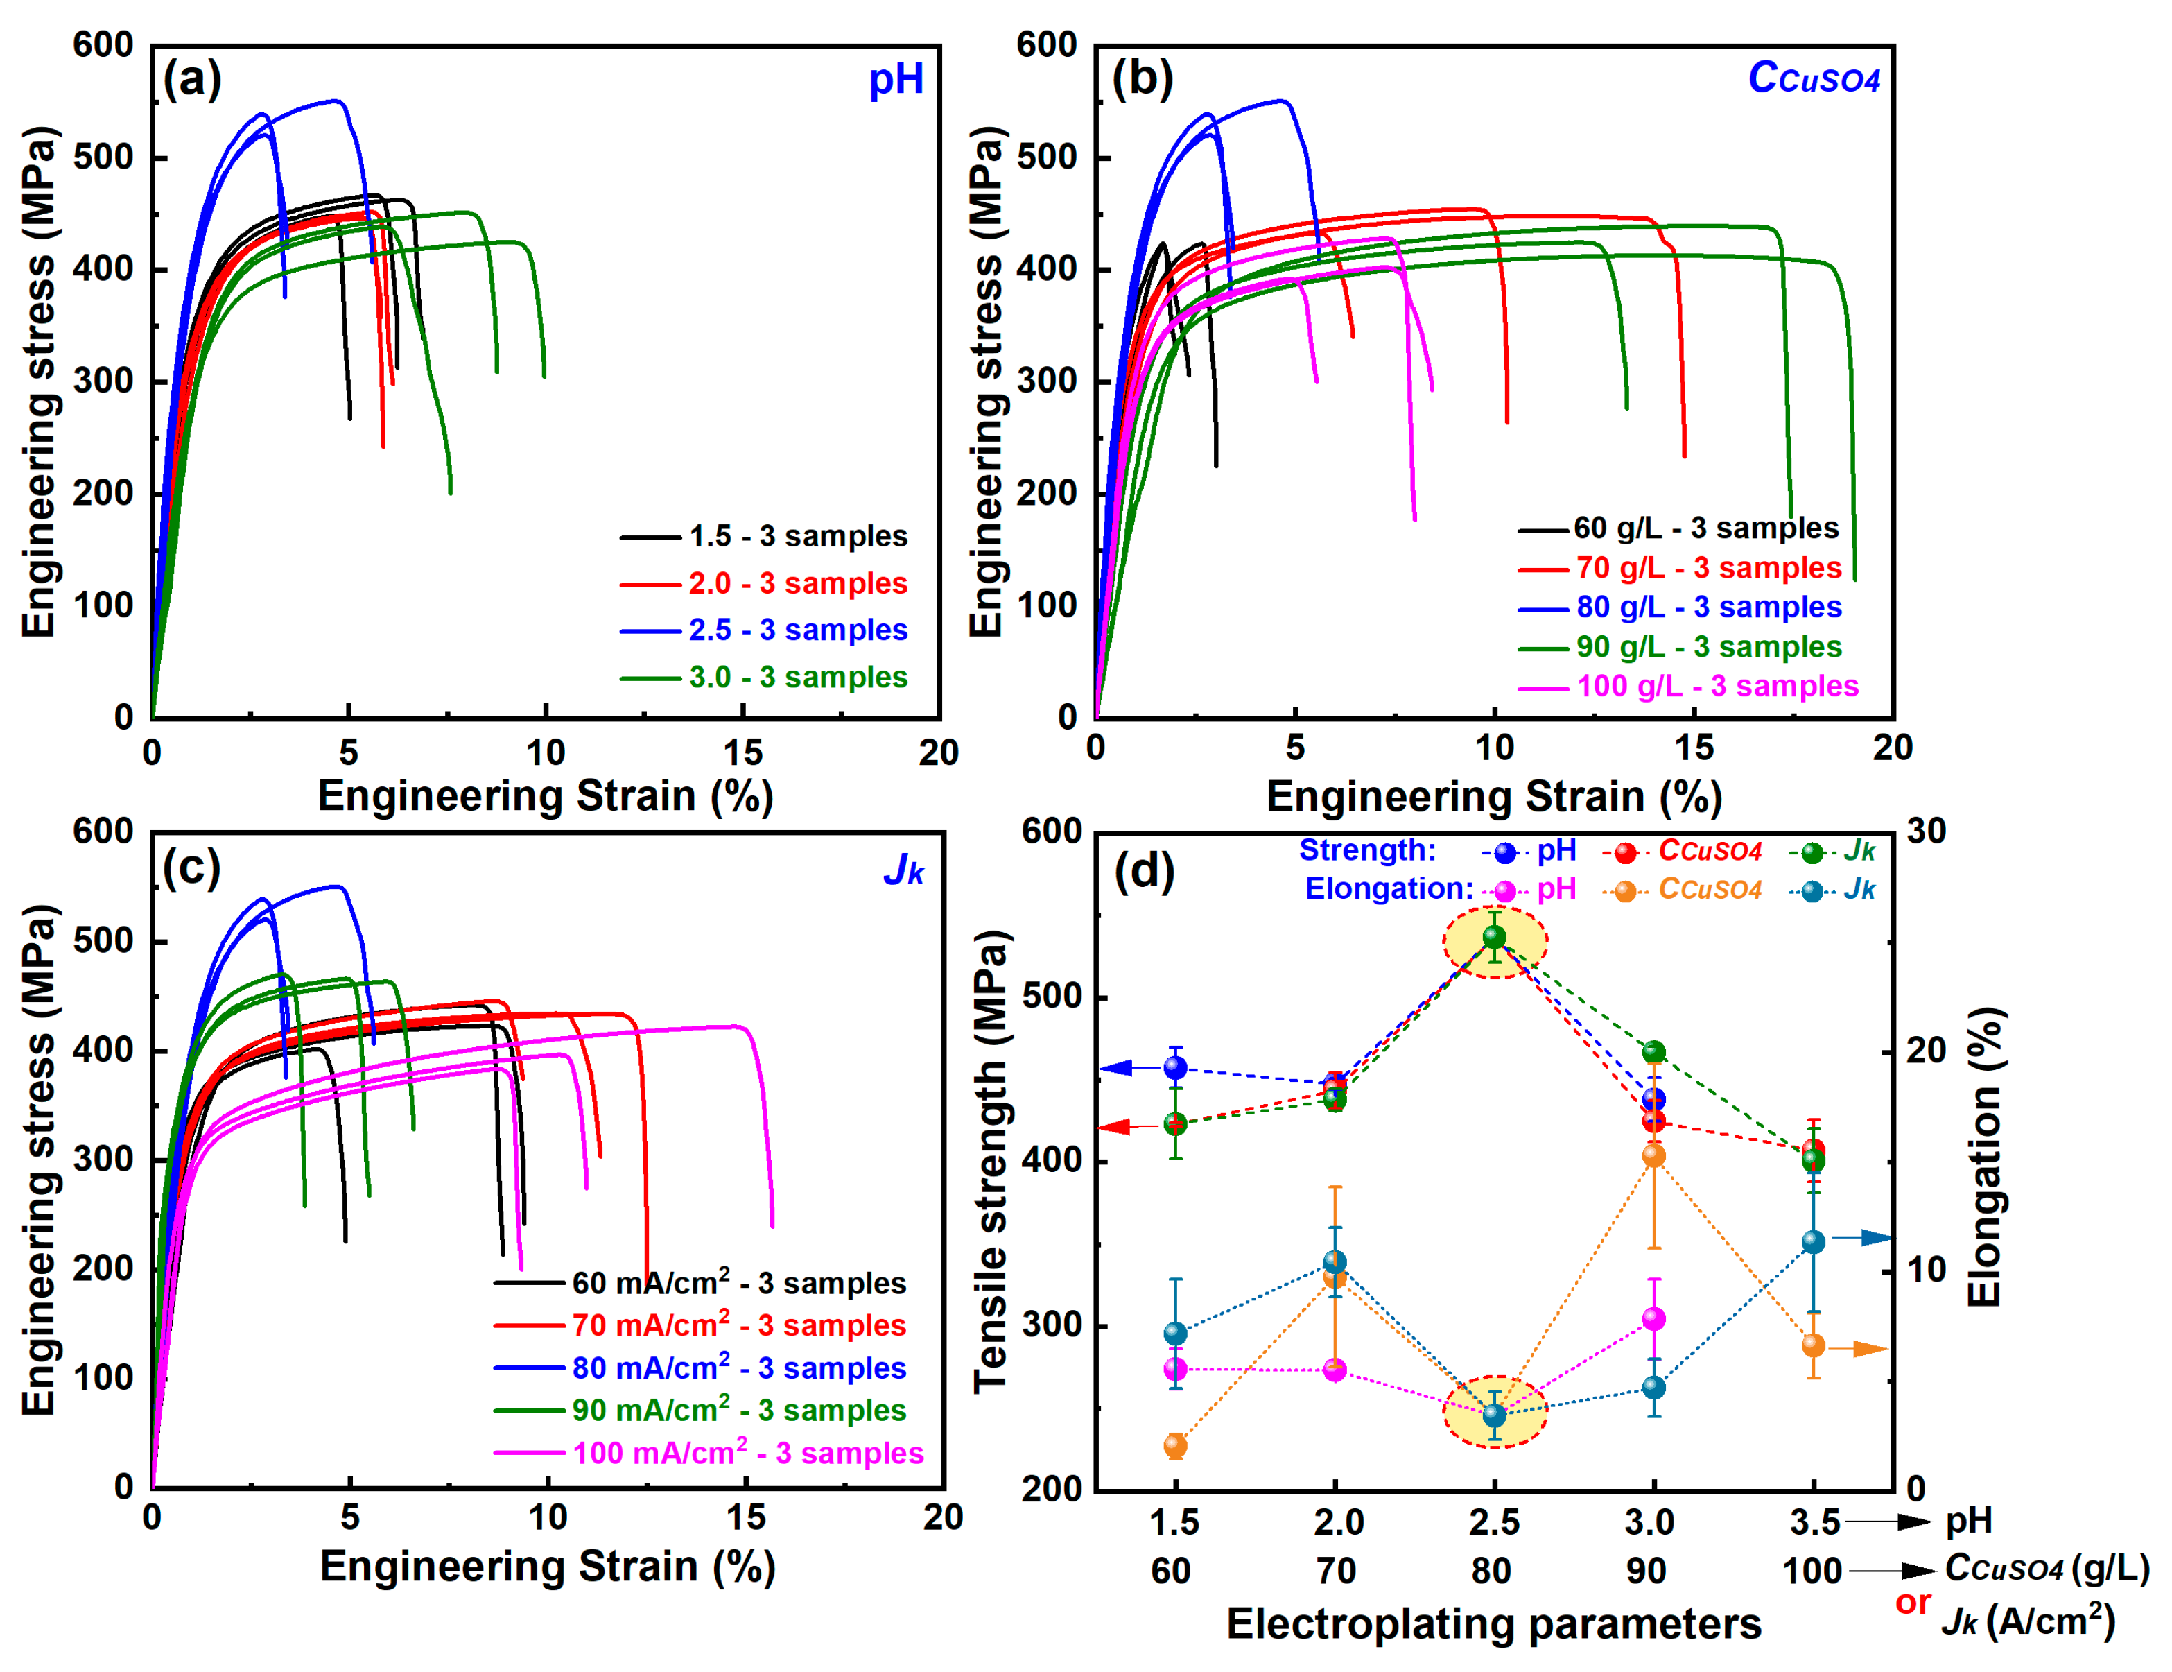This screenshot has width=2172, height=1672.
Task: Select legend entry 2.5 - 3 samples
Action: pos(797,630)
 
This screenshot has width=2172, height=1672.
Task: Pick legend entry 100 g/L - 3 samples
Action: pos(1717,687)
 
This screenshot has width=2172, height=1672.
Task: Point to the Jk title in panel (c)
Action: pos(903,870)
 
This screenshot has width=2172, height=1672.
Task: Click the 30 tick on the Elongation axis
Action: pos(1927,831)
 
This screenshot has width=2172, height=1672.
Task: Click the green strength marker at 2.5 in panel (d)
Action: pos(1494,937)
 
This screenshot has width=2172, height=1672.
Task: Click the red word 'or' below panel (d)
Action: pos(1913,1603)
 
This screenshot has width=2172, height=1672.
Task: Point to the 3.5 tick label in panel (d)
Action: pos(1812,1522)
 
